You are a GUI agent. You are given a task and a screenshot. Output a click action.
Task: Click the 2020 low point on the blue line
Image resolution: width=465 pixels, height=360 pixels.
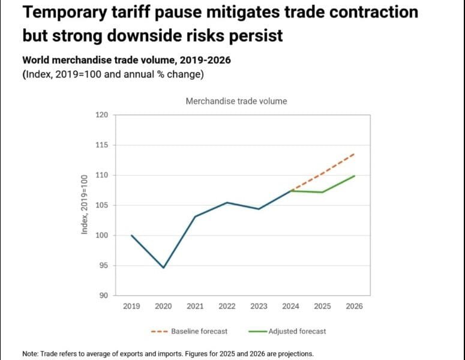[163, 268]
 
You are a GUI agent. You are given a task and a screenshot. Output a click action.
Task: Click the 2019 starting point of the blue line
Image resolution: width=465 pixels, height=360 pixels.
[131, 235]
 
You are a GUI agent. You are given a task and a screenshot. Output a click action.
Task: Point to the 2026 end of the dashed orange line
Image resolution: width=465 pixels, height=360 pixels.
[354, 154]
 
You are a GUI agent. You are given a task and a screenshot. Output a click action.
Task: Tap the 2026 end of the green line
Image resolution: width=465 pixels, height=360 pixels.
[354, 176]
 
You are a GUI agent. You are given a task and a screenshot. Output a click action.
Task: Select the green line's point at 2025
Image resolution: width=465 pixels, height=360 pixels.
[322, 192]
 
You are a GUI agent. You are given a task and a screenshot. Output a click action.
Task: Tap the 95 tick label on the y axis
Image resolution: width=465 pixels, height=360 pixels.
[103, 265]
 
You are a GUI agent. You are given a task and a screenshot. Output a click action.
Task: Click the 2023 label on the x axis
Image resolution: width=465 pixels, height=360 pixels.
[259, 306]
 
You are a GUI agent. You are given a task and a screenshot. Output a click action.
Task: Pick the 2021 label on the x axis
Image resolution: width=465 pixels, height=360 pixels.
[195, 306]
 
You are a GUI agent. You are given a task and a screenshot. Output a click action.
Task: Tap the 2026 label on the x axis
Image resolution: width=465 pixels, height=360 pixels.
[354, 306]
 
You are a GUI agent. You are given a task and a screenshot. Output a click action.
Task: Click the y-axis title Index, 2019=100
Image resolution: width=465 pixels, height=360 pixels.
[85, 204]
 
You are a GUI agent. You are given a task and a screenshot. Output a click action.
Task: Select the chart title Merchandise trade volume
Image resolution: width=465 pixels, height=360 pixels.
[236, 101]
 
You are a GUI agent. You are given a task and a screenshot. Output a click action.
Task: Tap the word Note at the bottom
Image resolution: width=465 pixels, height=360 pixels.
[30, 353]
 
